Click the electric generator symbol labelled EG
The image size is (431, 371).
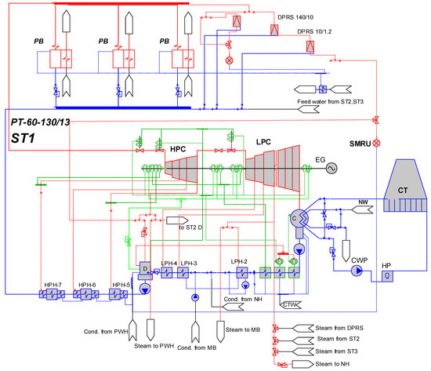click(x=331, y=168)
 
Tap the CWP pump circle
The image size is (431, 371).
click(x=357, y=271)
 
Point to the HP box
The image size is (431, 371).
click(x=387, y=276)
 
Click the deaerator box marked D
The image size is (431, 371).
click(x=145, y=269)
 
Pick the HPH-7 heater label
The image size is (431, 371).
click(x=53, y=285)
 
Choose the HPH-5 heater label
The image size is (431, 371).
click(x=121, y=285)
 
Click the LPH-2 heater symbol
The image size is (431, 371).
click(x=242, y=273)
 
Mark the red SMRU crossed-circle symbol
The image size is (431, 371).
click(x=377, y=143)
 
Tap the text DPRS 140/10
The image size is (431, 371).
click(x=295, y=17)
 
